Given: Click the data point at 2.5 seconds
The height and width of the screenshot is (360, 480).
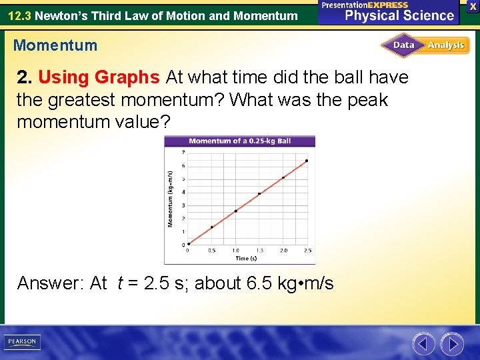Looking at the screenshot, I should coord(307,161).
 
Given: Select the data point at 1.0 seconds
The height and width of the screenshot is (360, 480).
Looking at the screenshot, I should coord(235,211).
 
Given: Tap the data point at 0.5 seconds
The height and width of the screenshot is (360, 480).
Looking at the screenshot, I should coord(212,227).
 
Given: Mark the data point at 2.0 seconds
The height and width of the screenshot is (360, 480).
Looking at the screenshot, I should coord(283,177).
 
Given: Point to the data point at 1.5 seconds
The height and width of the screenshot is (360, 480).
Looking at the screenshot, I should coord(259,194).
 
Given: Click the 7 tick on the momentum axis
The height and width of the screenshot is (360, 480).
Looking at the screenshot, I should coord(183,153).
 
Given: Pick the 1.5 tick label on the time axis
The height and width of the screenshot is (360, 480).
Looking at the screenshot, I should coord(259,251).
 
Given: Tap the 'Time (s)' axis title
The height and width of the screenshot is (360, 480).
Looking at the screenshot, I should coord(246,258).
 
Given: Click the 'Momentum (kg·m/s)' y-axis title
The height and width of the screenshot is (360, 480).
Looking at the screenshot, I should coord(171,198).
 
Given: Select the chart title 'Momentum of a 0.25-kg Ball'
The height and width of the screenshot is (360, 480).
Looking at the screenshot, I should coord(239,141).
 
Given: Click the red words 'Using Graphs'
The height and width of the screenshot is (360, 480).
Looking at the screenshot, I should coord(99,77).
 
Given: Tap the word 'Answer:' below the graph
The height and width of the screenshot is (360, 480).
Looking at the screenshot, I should coord(61,283).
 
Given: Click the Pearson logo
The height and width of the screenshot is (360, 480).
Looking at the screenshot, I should coord(22,342).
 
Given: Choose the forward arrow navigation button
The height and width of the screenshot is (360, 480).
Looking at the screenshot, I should coord(453,344).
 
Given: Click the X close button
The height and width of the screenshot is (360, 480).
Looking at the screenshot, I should coord(473,5).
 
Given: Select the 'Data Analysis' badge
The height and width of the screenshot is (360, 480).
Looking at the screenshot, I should coord(425,45).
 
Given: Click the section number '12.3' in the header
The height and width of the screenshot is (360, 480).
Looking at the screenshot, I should coord(19,15).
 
